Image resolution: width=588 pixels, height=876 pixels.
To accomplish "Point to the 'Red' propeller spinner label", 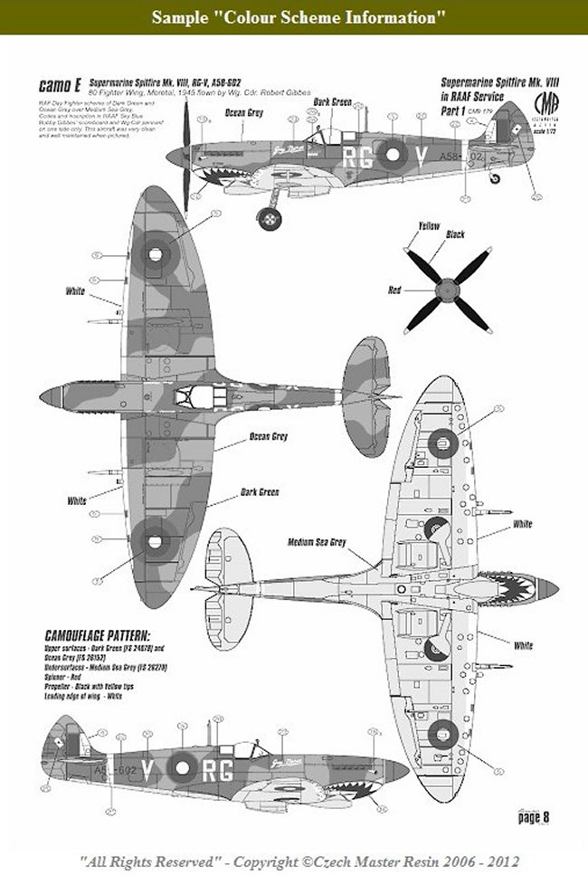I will click(394, 290).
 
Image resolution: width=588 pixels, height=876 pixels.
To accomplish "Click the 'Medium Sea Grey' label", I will click(317, 542).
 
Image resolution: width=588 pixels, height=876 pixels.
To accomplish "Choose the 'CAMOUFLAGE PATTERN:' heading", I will click(97, 633).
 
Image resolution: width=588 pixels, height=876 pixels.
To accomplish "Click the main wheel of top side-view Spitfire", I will click(268, 218).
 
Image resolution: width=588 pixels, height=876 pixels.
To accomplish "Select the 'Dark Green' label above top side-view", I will click(332, 103).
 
